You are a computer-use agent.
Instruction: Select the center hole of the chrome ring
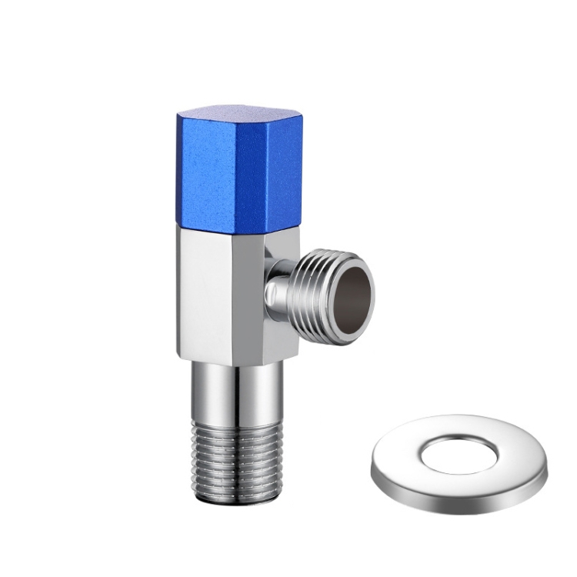click(459, 450)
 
